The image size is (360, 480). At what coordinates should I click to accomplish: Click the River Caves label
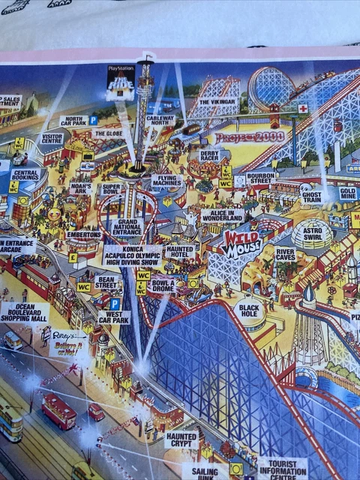pos(286,255)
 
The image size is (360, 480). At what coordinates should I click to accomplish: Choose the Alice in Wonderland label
pos(222,215)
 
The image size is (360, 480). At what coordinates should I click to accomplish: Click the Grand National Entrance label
pos(127,226)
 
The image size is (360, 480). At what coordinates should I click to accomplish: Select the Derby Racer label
pos(209,155)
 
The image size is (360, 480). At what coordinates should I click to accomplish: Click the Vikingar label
pos(217,101)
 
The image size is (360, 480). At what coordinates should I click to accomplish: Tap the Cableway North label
pos(160,120)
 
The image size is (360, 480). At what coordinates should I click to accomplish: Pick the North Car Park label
pos(73,120)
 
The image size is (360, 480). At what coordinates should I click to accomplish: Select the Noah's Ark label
pos(81,187)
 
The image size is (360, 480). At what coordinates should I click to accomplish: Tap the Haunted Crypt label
pos(181,439)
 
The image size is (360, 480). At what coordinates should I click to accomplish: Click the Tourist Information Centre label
pos(282,469)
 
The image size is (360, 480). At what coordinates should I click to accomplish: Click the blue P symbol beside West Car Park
pos(115,304)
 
